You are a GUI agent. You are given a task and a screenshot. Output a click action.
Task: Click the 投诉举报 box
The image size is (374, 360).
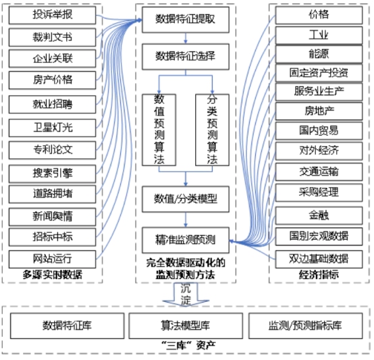pos(52,15)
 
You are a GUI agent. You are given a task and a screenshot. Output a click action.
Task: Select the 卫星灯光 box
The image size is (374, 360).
pos(52,128)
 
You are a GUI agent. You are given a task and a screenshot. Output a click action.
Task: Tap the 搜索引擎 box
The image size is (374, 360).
pos(52,174)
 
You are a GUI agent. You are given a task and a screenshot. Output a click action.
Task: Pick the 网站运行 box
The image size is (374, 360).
pos(52,259)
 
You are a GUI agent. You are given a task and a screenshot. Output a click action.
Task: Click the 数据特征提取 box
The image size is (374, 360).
pos(186,20)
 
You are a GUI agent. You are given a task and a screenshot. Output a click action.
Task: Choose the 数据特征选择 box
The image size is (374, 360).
pos(186,57)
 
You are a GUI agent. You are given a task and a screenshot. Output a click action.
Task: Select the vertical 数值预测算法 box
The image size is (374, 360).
pos(159,130)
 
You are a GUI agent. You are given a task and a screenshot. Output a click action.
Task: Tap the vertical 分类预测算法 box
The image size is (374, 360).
pos(212,130)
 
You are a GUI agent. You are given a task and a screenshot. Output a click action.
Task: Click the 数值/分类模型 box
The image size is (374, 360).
pos(186,199)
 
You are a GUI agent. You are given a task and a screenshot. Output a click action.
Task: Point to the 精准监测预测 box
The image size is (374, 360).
pos(186,240)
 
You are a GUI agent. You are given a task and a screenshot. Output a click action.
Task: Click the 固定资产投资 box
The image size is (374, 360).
pos(319,73)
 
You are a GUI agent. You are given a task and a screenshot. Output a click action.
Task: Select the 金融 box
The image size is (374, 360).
pos(319,215)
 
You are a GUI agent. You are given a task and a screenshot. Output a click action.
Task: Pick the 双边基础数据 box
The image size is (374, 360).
pos(319,259)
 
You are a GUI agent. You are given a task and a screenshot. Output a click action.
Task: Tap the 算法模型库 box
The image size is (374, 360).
pos(186,326)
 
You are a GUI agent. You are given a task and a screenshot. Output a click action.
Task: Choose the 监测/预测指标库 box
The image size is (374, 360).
pos(306,326)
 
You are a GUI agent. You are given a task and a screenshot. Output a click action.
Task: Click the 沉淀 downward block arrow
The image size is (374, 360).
pos(186,294)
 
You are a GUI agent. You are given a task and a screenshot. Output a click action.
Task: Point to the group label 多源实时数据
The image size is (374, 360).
pos(53,275)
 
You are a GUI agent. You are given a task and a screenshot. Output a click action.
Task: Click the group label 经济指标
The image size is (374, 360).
pos(319,275)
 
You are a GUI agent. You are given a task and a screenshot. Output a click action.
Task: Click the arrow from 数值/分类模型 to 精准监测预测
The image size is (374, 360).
pos(186,220)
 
